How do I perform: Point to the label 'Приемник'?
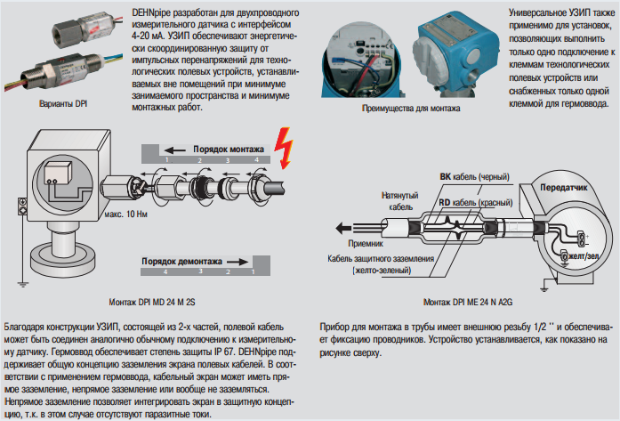coord(367,241)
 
